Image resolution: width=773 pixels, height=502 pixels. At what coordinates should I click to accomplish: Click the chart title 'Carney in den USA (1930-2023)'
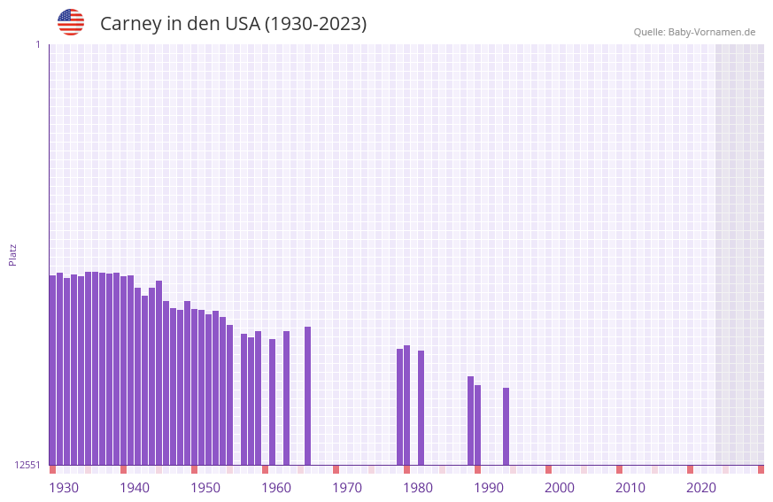233,24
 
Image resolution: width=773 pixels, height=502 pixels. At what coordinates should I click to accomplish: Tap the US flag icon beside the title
71,22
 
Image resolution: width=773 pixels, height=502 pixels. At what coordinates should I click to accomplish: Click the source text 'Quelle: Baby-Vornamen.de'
694,32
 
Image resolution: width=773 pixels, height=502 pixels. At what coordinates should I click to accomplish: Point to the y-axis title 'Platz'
12,254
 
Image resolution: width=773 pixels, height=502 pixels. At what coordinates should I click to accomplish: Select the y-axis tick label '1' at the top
37,44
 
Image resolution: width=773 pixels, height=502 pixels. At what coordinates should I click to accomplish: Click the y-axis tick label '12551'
27,465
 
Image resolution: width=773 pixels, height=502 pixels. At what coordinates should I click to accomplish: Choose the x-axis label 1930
64,488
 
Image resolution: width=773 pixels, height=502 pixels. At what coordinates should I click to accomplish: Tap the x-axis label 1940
135,488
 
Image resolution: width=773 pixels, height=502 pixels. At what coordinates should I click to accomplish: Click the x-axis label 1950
205,488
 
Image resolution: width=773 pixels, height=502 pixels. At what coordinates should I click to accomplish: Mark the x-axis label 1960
276,488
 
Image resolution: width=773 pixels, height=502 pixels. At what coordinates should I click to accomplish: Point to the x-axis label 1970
347,488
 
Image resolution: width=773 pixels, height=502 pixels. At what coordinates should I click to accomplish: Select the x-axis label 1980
418,488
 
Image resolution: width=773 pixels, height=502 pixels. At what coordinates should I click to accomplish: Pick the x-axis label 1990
489,488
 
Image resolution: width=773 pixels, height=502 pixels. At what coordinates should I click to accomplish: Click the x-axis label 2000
560,488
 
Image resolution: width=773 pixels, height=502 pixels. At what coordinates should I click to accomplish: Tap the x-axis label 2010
630,488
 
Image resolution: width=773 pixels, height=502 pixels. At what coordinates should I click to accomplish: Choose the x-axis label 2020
701,488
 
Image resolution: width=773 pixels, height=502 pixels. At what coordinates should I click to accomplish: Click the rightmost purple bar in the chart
506,426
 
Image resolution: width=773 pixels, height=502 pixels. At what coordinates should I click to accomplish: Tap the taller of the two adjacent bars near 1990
470,421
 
